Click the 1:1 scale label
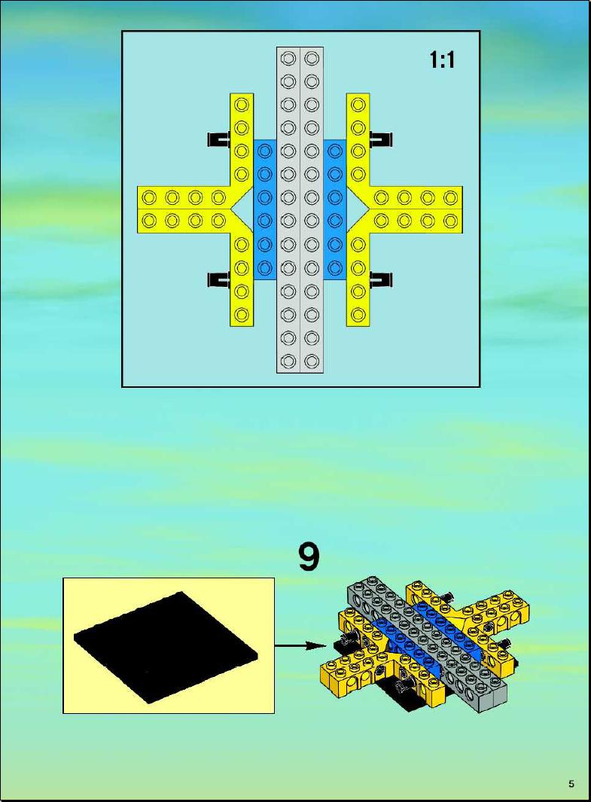tap(442, 60)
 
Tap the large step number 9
tap(309, 557)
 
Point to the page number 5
tap(571, 784)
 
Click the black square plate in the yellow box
tap(166, 647)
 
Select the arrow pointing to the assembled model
tap(300, 645)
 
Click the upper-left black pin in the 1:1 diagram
tap(219, 139)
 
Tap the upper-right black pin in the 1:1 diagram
tap(381, 139)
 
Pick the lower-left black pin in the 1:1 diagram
tap(219, 279)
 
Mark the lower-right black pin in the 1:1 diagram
tap(381, 279)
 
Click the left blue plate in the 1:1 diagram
tap(265, 209)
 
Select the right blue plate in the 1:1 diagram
tap(335, 209)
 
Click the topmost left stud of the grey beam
tap(288, 58)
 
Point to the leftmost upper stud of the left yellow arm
tap(149, 197)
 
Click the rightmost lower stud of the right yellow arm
tap(450, 221)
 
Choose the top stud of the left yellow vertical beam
tap(242, 105)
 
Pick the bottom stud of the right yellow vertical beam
tap(359, 314)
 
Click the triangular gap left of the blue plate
tap(245, 209)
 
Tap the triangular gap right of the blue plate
tap(357, 209)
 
